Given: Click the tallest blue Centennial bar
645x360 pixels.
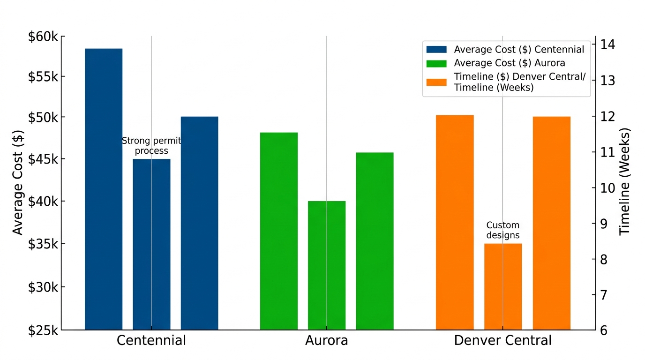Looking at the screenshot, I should tap(104, 187).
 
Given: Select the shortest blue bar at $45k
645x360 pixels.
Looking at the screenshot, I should tap(151, 244).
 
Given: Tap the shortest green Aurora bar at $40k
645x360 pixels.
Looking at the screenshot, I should tap(327, 265).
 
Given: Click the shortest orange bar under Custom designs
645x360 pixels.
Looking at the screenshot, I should tap(503, 286).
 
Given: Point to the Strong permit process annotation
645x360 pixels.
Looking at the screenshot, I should tap(151, 146).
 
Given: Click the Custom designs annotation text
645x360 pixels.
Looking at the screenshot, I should tap(503, 230).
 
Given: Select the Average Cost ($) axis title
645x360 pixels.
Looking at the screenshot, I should tap(18, 183).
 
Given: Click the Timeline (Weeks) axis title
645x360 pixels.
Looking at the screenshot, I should tap(625, 181).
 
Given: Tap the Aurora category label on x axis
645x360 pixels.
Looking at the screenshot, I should tap(327, 340).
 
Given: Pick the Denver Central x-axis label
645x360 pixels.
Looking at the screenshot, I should tap(503, 340).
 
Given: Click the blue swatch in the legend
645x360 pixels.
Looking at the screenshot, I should tap(436, 49).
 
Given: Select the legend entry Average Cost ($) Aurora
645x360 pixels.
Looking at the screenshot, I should tap(510, 63).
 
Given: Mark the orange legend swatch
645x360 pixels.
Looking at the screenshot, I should tap(436, 82).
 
